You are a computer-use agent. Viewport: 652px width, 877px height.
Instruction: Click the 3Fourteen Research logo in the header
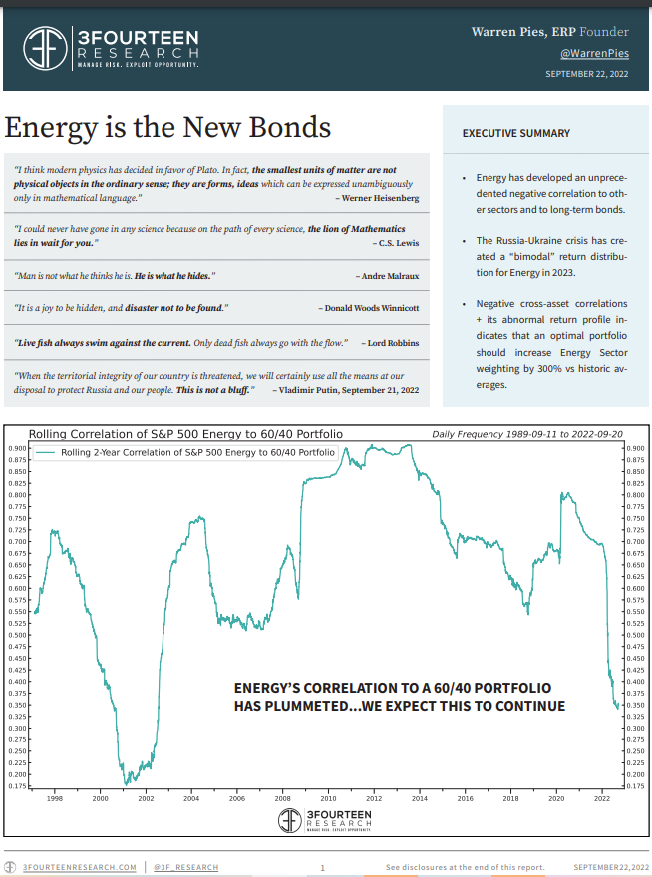112,47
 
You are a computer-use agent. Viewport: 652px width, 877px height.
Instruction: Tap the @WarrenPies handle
595,53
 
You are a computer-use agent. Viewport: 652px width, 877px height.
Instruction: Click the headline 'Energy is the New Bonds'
167,128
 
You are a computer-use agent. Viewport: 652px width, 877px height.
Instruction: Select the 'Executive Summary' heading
516,133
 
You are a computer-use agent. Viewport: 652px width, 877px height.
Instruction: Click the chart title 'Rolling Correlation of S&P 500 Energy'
186,434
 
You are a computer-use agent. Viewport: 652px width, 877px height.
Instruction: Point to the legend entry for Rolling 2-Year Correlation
197,452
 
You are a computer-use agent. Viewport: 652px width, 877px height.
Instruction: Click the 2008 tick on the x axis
282,798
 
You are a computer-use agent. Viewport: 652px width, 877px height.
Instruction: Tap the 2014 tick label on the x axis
420,798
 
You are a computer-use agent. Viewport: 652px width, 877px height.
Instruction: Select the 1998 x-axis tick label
54,798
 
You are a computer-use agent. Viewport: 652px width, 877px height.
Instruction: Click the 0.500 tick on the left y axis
19,635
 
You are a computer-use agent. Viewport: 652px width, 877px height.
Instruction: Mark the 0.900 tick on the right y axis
635,448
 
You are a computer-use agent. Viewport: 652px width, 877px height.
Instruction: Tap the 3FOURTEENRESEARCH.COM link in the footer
79,868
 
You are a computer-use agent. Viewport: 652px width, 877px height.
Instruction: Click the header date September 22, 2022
587,75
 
